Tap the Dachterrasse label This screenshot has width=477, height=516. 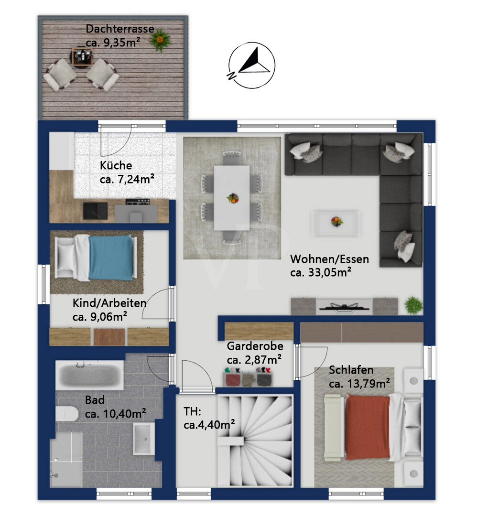120,29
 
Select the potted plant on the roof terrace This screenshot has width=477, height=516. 160,40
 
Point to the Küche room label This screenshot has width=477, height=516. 116,165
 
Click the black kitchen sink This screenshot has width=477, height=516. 95,210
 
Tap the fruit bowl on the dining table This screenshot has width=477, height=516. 233,198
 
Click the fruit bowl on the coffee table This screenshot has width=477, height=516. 336,221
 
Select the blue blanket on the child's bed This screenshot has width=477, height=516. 110,258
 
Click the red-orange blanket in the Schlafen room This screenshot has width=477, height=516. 367,427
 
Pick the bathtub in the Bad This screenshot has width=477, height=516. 89,375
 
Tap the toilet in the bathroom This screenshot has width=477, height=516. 66,414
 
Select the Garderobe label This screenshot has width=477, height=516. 255,346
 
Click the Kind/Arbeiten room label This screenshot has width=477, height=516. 109,303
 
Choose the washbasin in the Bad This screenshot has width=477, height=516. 143,438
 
